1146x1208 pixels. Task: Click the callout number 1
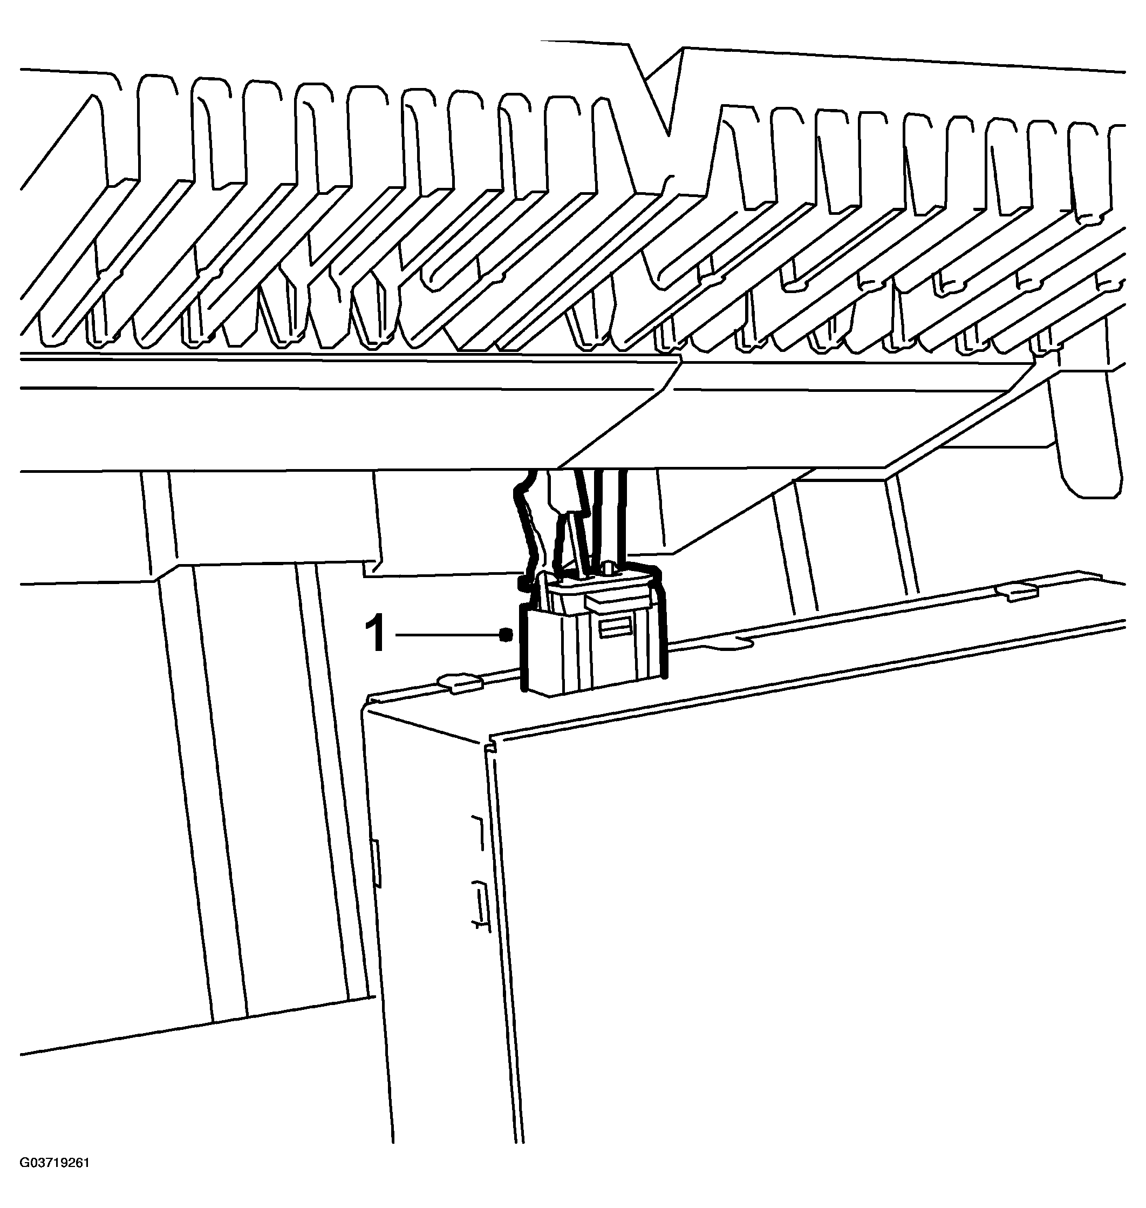coord(375,634)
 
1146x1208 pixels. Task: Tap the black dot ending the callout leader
coord(504,635)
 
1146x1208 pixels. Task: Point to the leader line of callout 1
coord(448,635)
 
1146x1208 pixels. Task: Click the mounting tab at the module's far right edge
coord(1017,591)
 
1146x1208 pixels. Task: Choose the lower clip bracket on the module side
coord(480,906)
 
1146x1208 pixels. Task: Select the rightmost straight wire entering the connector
coord(622,517)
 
